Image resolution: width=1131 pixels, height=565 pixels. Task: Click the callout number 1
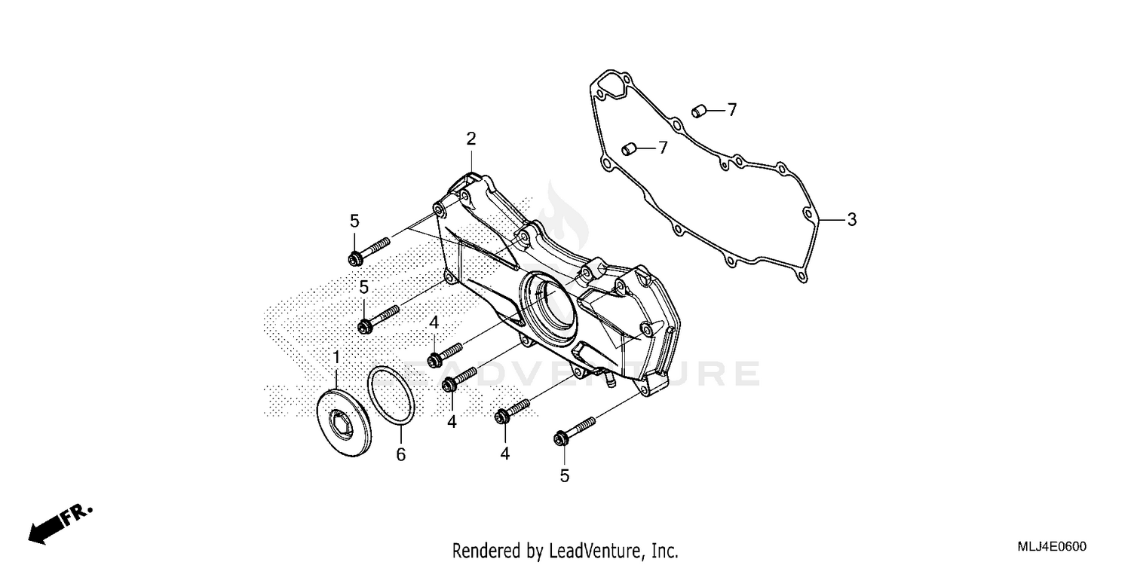[x=336, y=356]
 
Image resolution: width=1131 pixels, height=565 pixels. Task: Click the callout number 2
[x=470, y=139]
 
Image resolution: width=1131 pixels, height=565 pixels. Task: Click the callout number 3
[x=851, y=220]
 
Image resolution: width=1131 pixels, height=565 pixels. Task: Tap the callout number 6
[x=401, y=454]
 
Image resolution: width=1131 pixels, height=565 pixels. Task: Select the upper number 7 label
[x=731, y=110]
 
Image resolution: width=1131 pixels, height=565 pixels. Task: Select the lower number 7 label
[x=663, y=148]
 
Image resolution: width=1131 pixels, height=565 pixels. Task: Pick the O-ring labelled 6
[x=391, y=396]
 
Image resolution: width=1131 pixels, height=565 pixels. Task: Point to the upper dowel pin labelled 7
[x=698, y=111]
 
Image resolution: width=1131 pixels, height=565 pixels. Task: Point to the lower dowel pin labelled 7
[x=630, y=149]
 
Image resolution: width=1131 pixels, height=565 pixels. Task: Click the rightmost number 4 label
[x=504, y=454]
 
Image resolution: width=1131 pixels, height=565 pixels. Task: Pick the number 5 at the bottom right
[x=564, y=475]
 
